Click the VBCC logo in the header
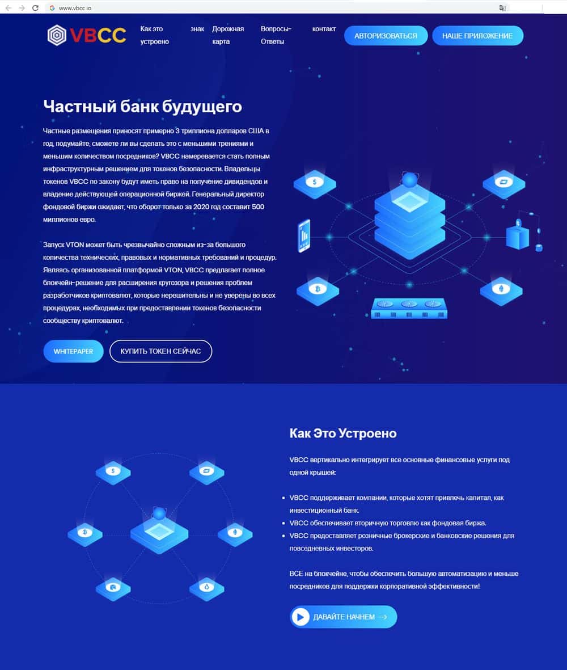click(87, 35)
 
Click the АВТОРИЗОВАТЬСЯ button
click(386, 36)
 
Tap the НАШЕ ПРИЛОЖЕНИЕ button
click(477, 36)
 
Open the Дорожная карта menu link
click(228, 35)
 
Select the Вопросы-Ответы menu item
click(276, 35)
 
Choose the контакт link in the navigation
click(324, 29)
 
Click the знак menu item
click(197, 29)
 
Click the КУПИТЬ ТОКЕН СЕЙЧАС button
click(160, 351)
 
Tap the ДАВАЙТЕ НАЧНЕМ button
click(343, 617)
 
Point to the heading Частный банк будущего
click(142, 106)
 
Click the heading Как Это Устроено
click(343, 433)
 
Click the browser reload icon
click(36, 8)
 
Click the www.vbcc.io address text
click(75, 8)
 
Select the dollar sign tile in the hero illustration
click(315, 183)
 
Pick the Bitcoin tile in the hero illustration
click(318, 289)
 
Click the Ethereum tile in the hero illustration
click(501, 289)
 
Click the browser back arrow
click(8, 8)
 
